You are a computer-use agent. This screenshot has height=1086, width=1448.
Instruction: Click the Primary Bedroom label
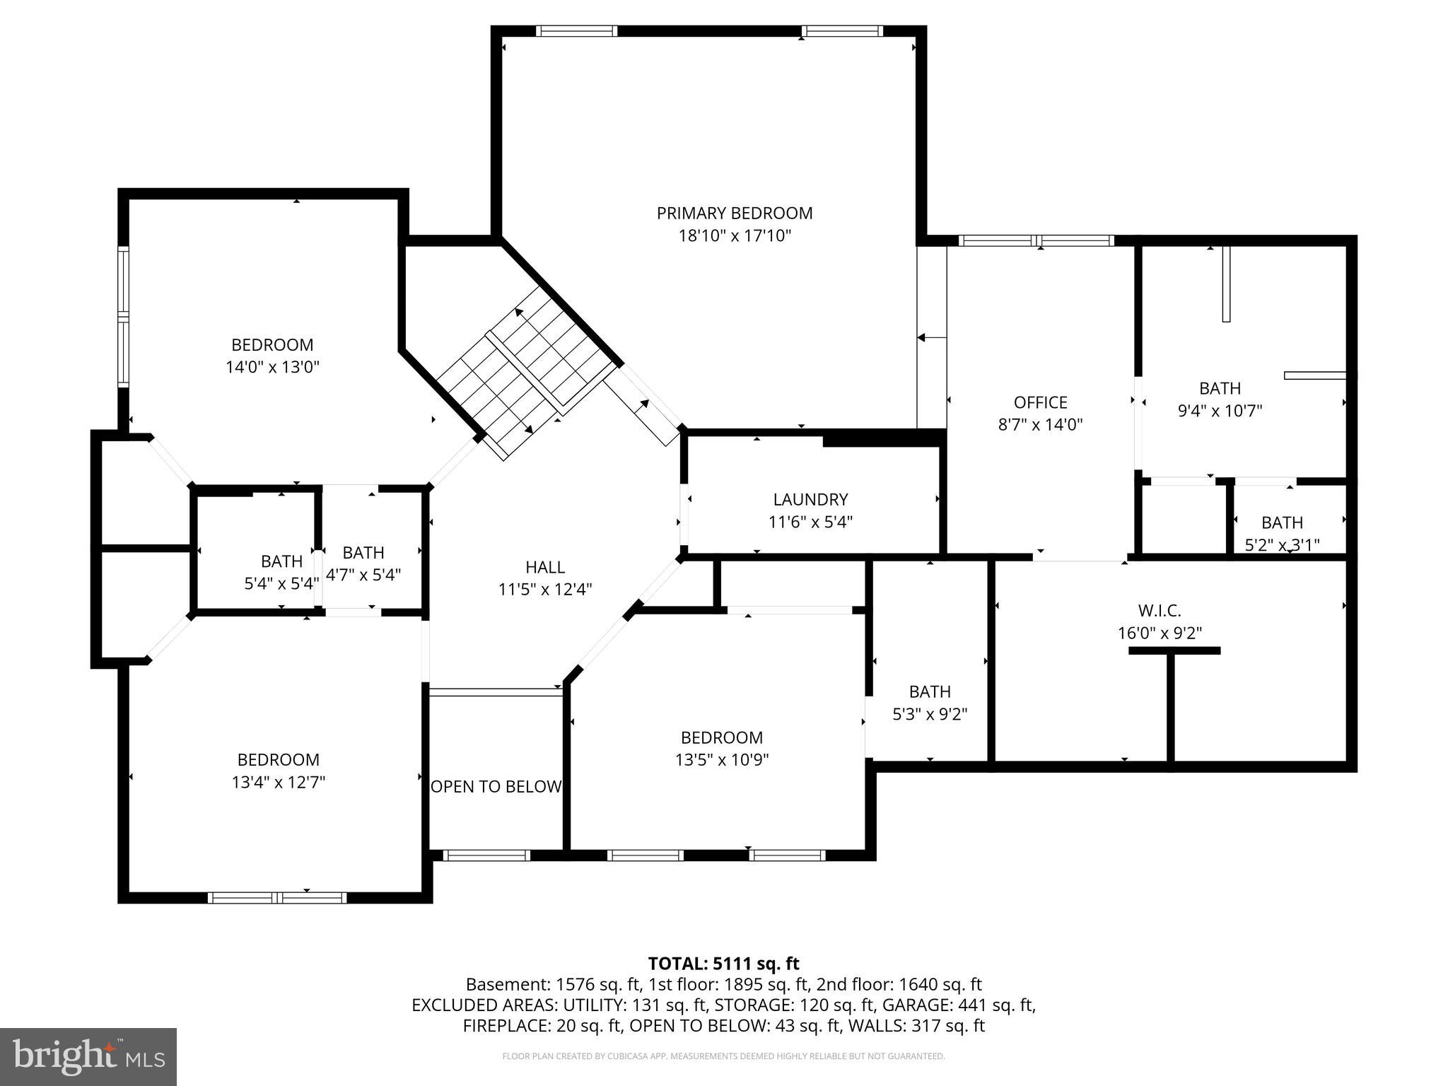[735, 213]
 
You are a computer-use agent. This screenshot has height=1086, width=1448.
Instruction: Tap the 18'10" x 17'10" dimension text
[735, 235]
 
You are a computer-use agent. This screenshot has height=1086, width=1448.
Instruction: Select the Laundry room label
[810, 499]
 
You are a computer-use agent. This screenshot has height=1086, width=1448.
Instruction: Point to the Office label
[1040, 402]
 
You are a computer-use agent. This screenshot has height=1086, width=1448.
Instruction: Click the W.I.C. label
[1160, 610]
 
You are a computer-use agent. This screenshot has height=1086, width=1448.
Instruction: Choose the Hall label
[545, 567]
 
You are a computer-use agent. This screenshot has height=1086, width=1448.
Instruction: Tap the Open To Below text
[496, 786]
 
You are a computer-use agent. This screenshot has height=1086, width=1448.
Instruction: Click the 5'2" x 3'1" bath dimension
[1282, 544]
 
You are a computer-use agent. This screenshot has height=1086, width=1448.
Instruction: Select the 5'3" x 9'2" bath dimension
[930, 714]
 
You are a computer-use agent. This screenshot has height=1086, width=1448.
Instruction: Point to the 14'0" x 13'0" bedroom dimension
[272, 367]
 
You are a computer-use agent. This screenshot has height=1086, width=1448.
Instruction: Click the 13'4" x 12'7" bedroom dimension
[278, 782]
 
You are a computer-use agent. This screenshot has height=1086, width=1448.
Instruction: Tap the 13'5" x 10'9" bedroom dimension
[722, 760]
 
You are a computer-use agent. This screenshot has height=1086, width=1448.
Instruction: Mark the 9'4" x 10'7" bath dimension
[1220, 411]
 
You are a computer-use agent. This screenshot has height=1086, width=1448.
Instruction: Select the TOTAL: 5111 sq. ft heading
[723, 963]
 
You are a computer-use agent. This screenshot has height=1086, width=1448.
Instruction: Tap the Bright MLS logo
[88, 1056]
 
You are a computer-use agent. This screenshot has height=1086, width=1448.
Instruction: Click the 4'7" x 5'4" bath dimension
[363, 575]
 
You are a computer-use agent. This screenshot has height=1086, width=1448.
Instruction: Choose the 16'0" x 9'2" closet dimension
[1160, 633]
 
